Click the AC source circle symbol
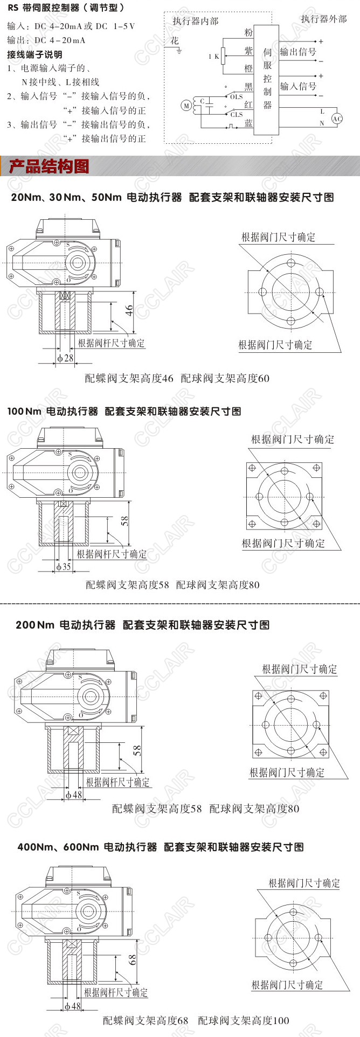tap(337, 119)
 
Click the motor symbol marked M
tap(186, 106)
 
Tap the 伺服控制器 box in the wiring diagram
tap(267, 79)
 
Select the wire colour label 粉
tap(248, 32)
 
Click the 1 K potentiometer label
tap(214, 56)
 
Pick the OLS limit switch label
tap(237, 97)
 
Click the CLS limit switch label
tap(237, 114)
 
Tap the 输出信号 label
tap(298, 52)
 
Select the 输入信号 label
tap(298, 86)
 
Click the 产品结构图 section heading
tap(49, 166)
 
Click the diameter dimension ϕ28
tap(65, 358)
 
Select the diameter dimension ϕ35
tap(64, 566)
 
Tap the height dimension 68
tap(132, 960)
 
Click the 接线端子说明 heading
tap(34, 54)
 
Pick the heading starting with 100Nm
tap(124, 411)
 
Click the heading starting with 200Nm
tap(142, 625)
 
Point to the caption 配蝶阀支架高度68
tap(146, 1020)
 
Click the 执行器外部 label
tap(324, 19)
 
